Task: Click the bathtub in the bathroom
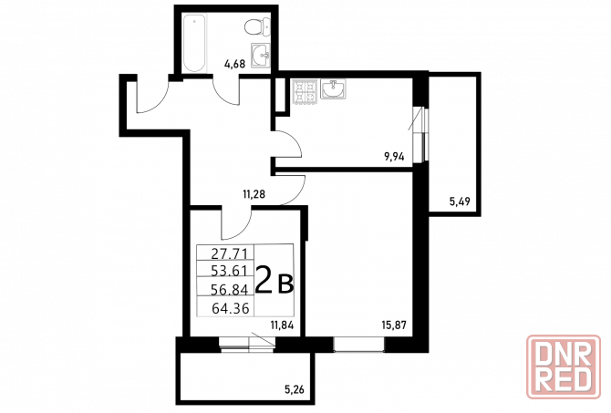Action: click(194, 43)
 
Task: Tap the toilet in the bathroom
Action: click(257, 26)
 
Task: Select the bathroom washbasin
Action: click(261, 56)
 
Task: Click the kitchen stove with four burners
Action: click(305, 91)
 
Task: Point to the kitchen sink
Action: click(333, 88)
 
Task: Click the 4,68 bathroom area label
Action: click(234, 64)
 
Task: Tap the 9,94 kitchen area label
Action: click(394, 157)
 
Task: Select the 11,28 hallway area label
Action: click(254, 193)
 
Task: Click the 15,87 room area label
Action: click(394, 325)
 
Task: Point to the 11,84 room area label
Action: click(282, 325)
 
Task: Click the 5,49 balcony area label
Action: click(460, 201)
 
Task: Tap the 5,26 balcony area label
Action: click(294, 388)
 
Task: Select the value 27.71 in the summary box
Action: click(230, 254)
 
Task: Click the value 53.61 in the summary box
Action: click(230, 270)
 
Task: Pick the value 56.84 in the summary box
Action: click(230, 289)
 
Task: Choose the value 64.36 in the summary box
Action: click(231, 308)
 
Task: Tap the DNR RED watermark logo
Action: click(563, 367)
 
